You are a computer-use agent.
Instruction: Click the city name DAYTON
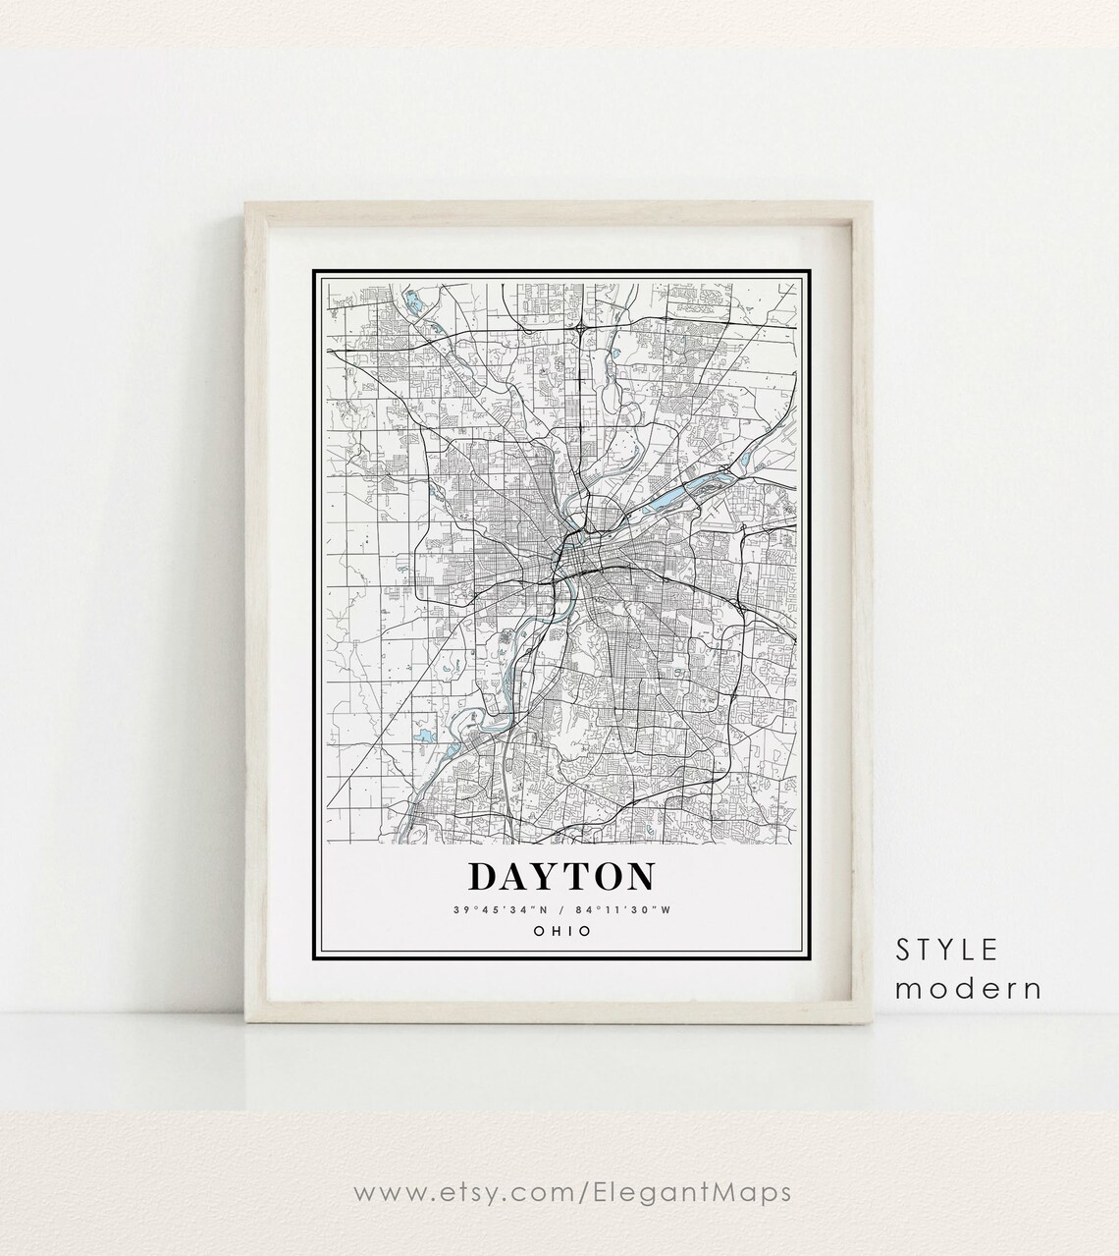tap(562, 876)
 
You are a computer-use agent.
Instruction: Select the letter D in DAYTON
tap(482, 876)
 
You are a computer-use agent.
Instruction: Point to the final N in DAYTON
tap(639, 876)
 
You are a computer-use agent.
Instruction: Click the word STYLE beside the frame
tap(947, 950)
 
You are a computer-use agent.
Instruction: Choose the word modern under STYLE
tap(968, 988)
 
